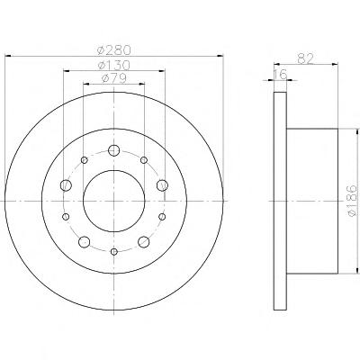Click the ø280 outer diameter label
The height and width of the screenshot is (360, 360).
114,49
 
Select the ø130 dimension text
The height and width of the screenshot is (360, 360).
114,65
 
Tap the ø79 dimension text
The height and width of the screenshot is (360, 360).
113,78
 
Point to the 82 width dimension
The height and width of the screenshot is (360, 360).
306,58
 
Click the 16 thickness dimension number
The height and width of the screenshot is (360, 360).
281,74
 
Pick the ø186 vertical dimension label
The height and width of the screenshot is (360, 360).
352,200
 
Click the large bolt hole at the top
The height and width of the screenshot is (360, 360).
114,150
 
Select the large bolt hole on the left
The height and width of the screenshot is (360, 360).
66,185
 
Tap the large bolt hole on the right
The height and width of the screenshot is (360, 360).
162,185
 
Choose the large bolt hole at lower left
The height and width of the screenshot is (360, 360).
85,241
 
